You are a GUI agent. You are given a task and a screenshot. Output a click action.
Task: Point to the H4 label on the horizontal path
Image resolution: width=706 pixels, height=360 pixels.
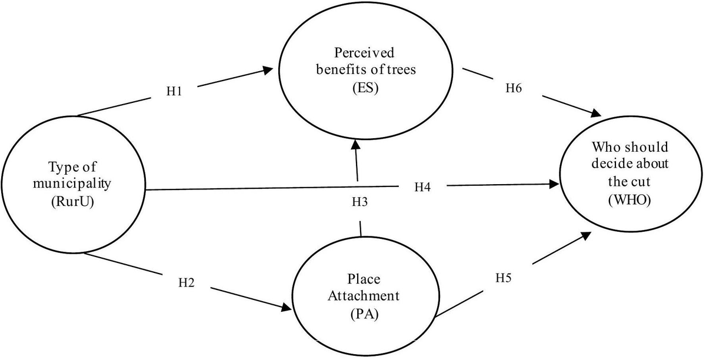pyautogui.click(x=422, y=187)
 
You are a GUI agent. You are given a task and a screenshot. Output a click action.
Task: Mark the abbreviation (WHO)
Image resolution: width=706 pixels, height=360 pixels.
pyautogui.click(x=630, y=199)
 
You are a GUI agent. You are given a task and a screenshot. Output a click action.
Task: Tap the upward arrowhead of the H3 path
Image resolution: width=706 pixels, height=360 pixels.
pyautogui.click(x=355, y=145)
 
